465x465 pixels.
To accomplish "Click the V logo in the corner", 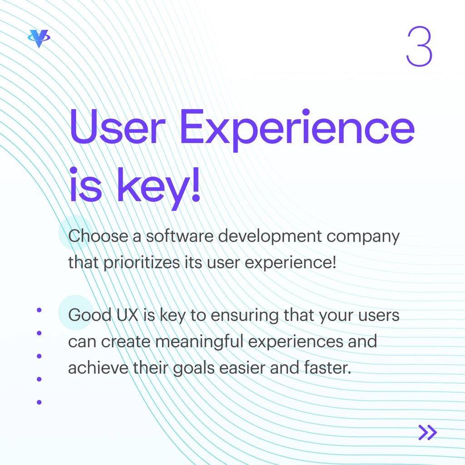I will tap(38, 39).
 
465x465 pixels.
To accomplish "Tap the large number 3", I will tap(419, 47).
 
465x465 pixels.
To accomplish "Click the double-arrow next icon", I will tap(427, 432).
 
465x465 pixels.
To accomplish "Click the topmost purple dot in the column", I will tap(39, 310).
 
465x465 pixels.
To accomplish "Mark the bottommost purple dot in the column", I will tap(39, 401).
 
